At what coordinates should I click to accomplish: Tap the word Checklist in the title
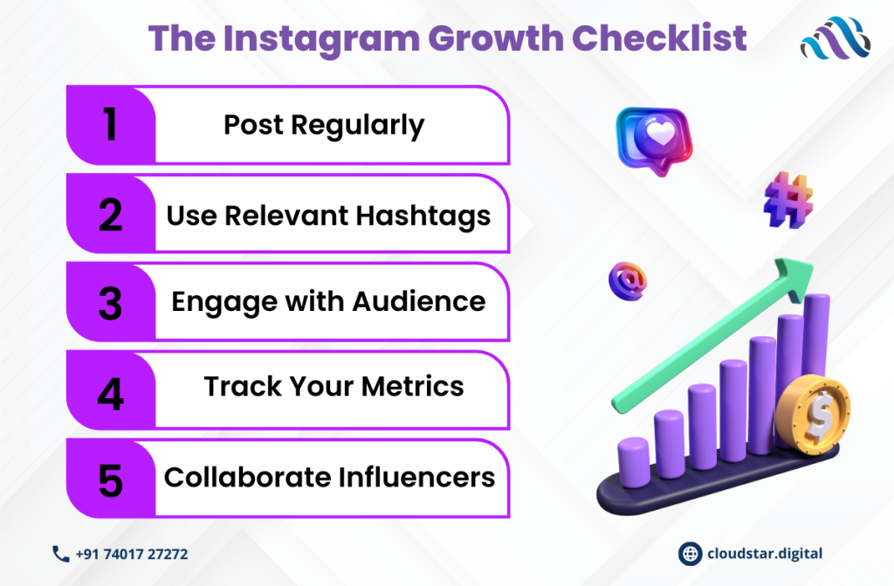click(x=659, y=38)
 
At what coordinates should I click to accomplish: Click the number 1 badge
click(x=111, y=125)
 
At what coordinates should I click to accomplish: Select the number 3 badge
click(x=111, y=302)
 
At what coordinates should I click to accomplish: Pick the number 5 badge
click(x=111, y=479)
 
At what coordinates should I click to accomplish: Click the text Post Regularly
click(x=324, y=126)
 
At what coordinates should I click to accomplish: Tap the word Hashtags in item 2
click(x=423, y=217)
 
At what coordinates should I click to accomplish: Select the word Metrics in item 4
click(x=412, y=386)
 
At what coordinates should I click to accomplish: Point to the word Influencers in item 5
click(x=416, y=477)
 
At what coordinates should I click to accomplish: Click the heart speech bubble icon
click(x=655, y=141)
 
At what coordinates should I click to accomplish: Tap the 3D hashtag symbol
click(x=788, y=200)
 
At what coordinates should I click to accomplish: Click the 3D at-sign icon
click(x=628, y=281)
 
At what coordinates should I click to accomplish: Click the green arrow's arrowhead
click(x=794, y=278)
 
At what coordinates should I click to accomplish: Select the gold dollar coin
click(x=813, y=415)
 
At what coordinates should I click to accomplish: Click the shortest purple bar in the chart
click(x=634, y=462)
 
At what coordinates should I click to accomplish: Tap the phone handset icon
click(x=60, y=554)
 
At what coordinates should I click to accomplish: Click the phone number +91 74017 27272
click(x=132, y=554)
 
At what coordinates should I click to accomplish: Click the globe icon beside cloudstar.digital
click(x=690, y=554)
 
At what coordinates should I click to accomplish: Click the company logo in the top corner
click(x=836, y=38)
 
